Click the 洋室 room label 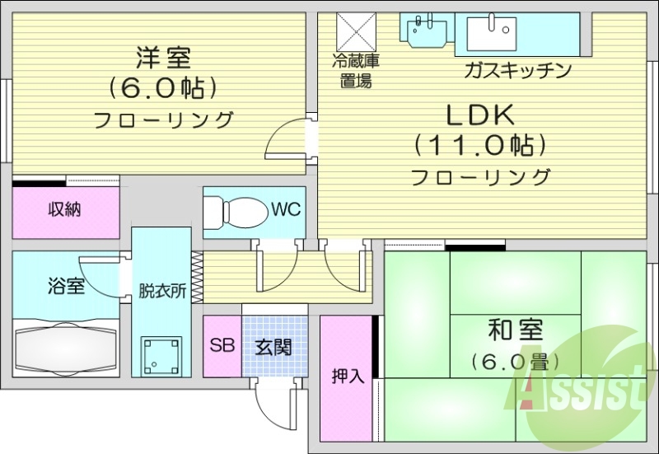[x=163, y=59]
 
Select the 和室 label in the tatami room [x=516, y=330]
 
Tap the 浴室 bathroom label [x=67, y=287]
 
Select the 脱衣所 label [x=162, y=291]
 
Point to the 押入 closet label [x=348, y=377]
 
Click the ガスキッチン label [x=517, y=70]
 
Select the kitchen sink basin [x=492, y=33]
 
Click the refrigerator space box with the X [x=356, y=32]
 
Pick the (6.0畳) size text [x=516, y=361]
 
